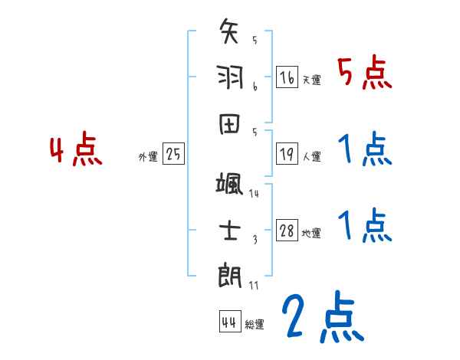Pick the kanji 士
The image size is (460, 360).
coord(230,229)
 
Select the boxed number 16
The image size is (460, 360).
coord(287,77)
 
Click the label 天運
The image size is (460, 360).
coord(312,80)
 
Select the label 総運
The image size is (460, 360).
coord(255,324)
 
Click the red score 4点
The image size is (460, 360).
coord(76,151)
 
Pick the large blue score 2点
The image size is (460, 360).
coord(321,318)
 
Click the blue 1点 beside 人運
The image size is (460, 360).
coord(364,149)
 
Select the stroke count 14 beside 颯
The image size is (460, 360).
coord(255,194)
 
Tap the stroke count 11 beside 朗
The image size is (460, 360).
coord(255,285)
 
